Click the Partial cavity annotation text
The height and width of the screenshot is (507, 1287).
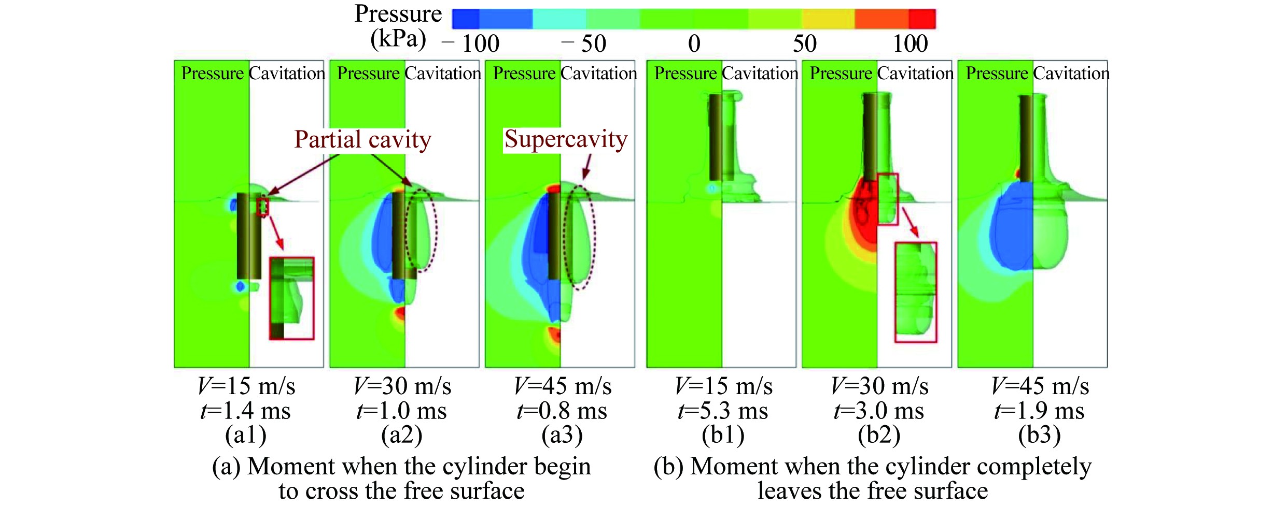point(362,140)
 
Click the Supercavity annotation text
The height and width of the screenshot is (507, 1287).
point(566,140)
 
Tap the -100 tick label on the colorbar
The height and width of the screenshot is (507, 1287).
point(471,44)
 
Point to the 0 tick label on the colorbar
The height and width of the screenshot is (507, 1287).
point(694,44)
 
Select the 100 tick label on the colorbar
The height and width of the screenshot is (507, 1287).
point(910,44)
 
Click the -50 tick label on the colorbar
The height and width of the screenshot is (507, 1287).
point(584,44)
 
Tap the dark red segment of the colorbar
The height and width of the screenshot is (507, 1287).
point(922,19)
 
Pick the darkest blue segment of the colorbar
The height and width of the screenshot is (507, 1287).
point(466,19)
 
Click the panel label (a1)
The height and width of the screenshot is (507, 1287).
point(246,435)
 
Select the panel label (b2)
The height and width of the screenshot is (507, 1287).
point(879,435)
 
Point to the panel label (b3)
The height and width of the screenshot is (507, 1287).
point(1039,435)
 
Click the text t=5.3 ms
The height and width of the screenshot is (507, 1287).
point(723,411)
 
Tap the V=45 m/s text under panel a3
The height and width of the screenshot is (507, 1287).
point(563,386)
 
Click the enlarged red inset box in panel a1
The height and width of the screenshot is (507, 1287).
point(291,298)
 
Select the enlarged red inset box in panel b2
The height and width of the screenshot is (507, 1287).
point(916,292)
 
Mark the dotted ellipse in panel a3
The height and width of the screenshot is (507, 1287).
point(580,237)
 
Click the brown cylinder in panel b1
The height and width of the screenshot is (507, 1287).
point(716,137)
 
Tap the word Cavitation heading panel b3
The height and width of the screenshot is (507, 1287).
point(1071,74)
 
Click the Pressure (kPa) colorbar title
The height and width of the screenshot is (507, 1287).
point(398,26)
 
